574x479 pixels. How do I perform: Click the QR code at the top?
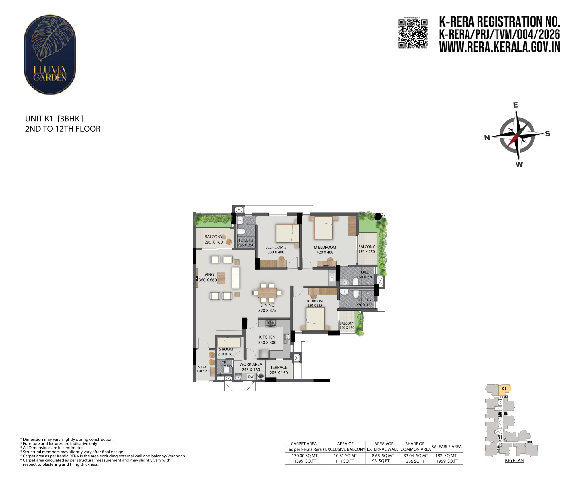click(413, 33)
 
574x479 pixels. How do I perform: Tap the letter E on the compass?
click(516, 105)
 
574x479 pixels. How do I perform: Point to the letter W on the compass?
click(519, 165)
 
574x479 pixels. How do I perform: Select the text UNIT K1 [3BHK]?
click(54, 119)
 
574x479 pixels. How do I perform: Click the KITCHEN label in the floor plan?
click(267, 337)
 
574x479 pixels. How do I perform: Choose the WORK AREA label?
click(251, 364)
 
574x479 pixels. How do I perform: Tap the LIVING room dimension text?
click(208, 280)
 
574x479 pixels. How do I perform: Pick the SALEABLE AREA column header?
click(446, 446)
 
